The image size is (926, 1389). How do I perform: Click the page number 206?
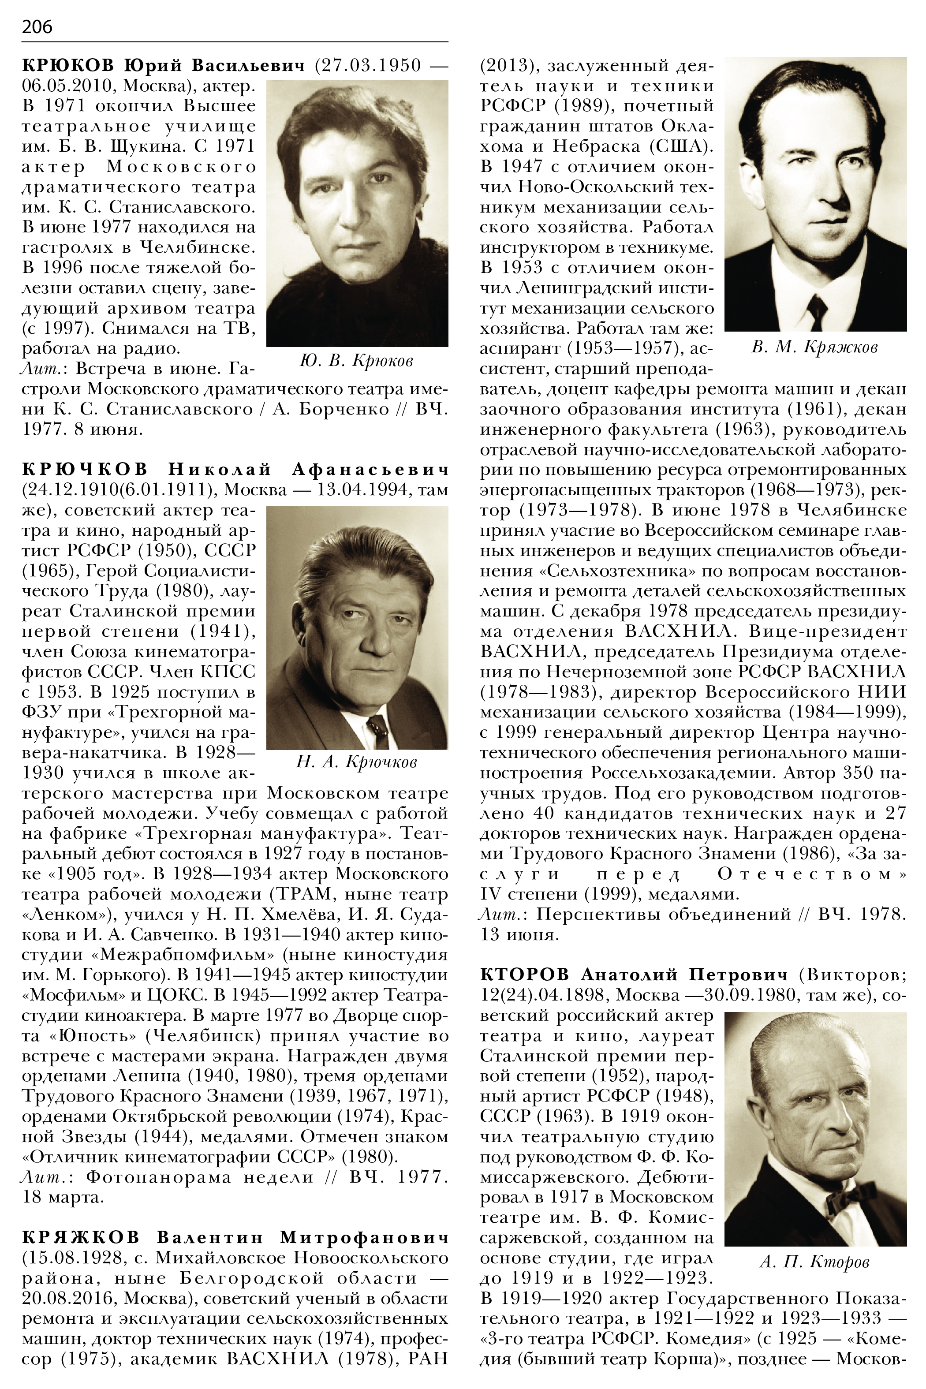pos(37,26)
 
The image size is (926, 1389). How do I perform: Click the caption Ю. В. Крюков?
pos(356,360)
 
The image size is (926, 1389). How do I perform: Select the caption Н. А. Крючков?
pos(357,762)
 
